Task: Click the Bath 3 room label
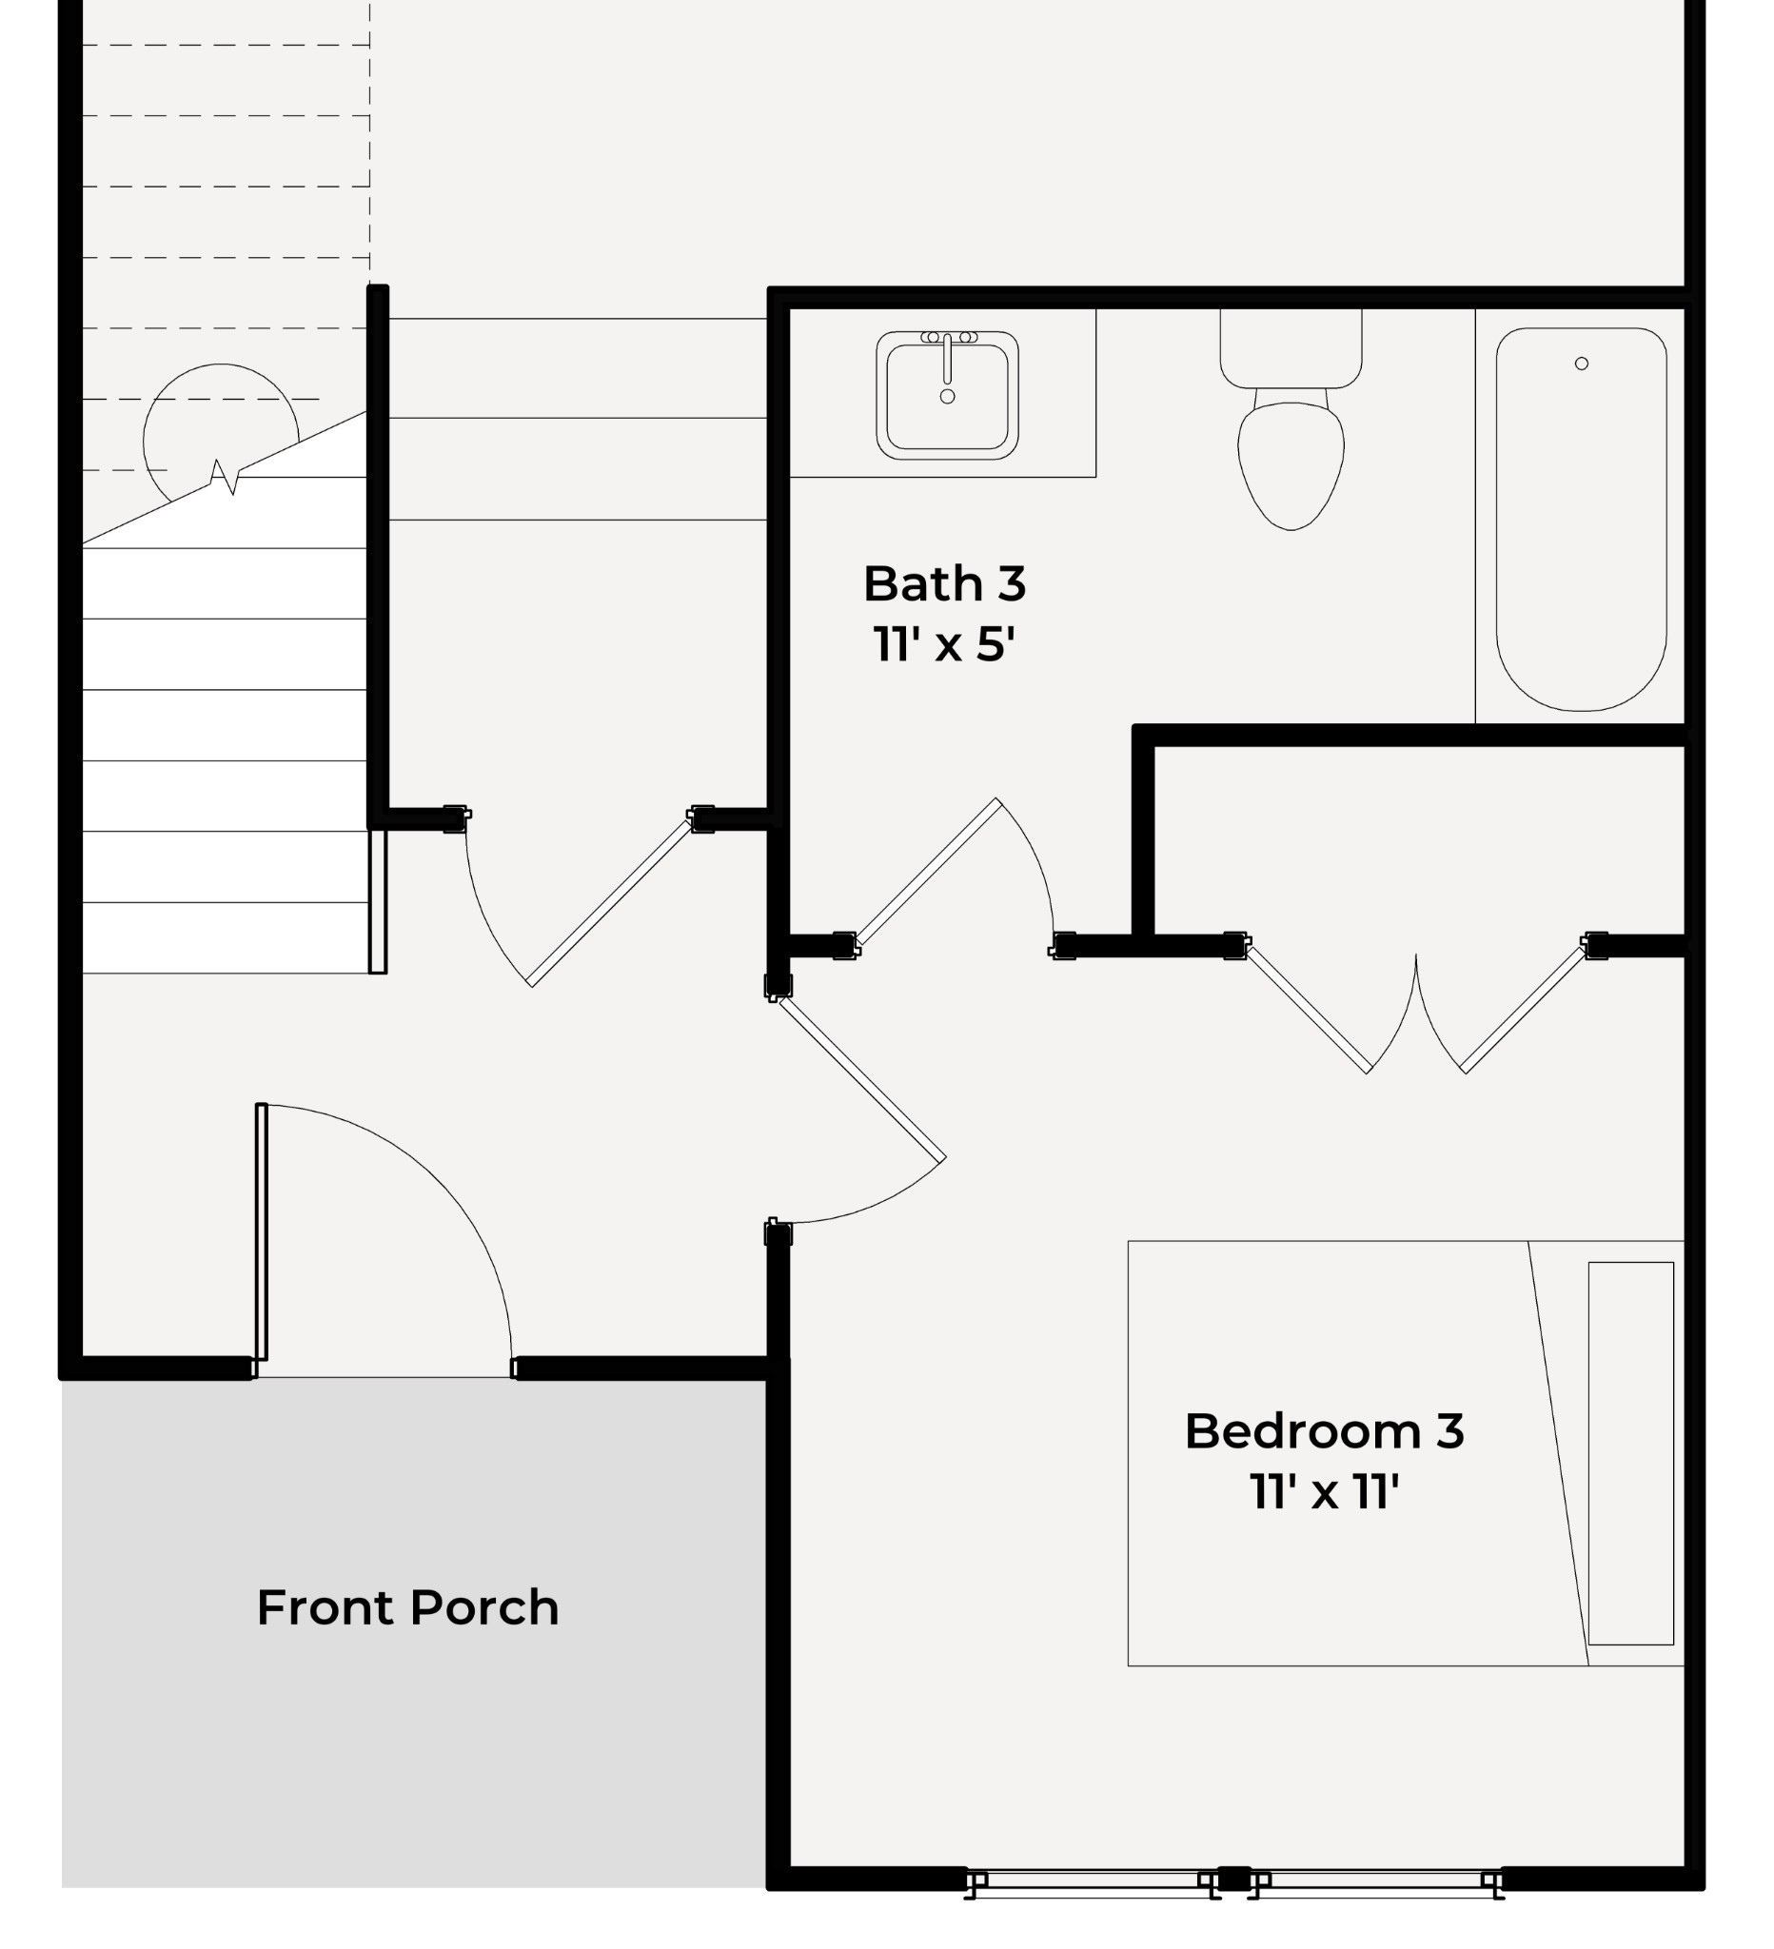click(944, 584)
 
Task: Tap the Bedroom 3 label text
click(1324, 1432)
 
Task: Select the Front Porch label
click(408, 1607)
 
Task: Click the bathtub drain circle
click(1582, 364)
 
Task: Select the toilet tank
click(1291, 348)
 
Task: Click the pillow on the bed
click(1631, 1453)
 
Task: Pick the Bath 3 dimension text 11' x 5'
click(944, 644)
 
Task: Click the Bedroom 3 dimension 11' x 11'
click(1324, 1491)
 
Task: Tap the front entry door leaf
click(261, 1231)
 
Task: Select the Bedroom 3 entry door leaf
click(862, 1078)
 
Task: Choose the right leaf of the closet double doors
click(1524, 1010)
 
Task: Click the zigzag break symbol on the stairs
click(225, 477)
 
